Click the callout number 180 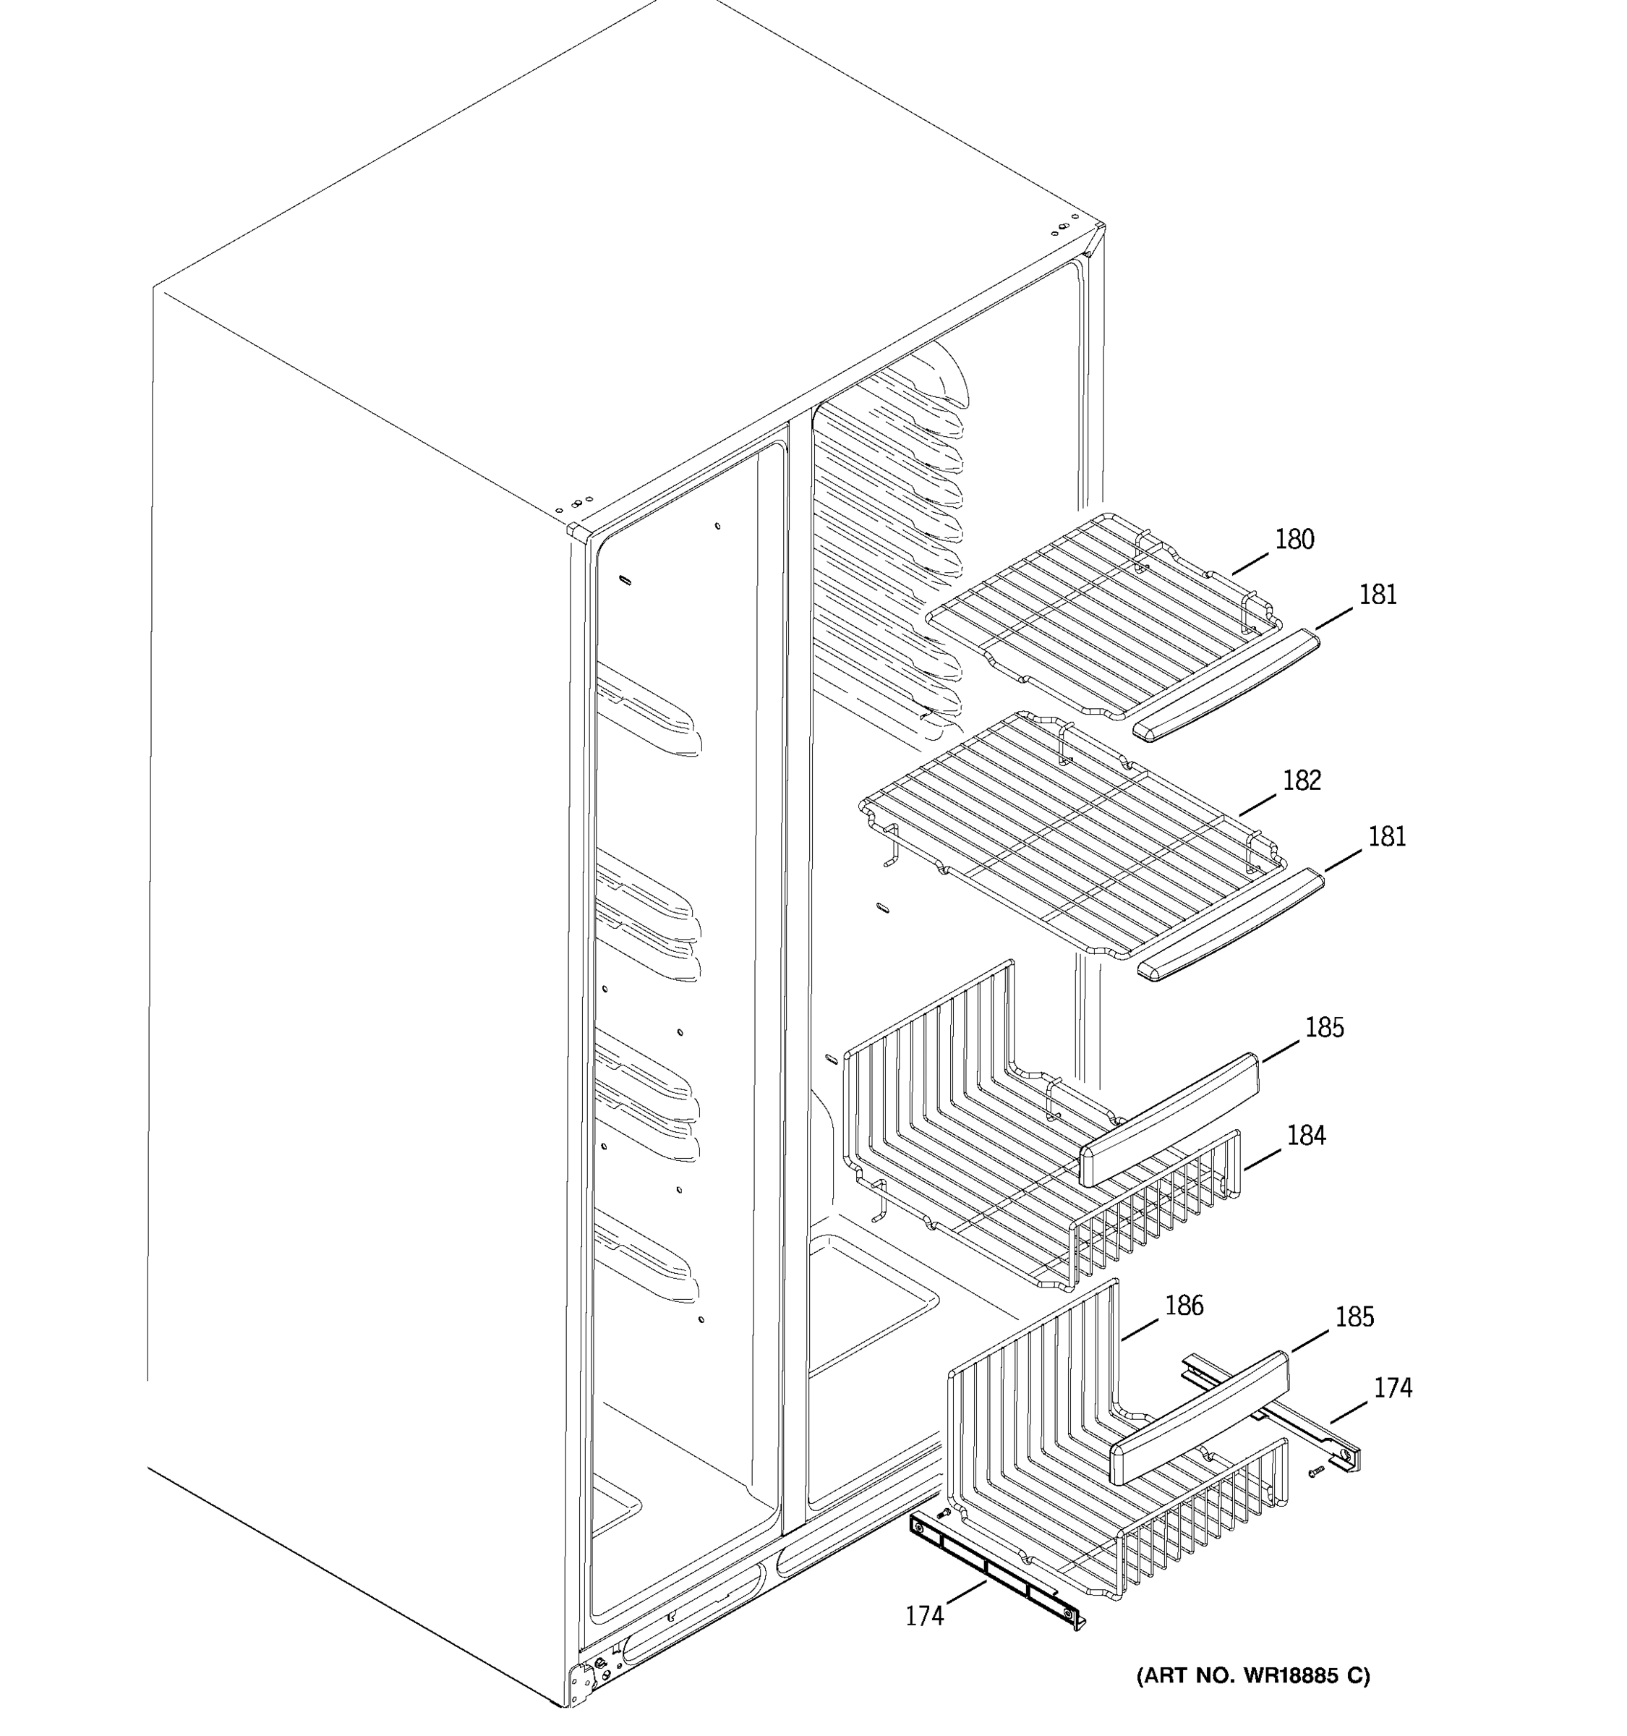point(1294,540)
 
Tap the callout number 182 point(1302,780)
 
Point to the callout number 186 point(1184,1306)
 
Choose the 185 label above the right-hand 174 point(1354,1317)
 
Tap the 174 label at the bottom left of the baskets point(924,1617)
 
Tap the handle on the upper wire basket point(1169,1120)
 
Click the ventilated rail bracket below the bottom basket point(995,1572)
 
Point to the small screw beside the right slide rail point(1316,1471)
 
